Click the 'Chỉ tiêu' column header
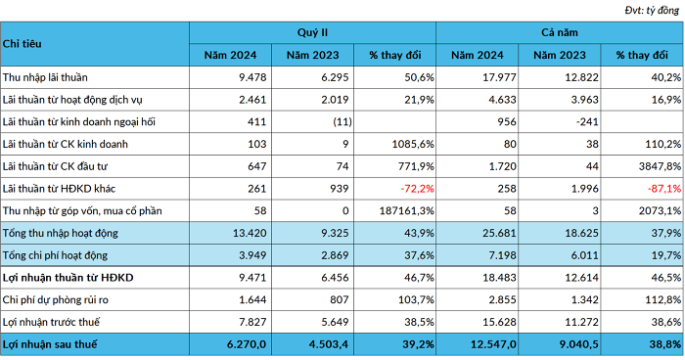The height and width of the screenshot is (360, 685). click(22, 44)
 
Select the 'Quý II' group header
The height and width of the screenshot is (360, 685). click(312, 32)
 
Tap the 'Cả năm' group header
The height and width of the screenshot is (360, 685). click(560, 32)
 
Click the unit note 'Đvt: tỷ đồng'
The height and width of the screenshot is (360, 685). click(652, 10)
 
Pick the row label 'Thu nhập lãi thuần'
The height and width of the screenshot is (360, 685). click(45, 77)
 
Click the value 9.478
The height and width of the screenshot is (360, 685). click(252, 77)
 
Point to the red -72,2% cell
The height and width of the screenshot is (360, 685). click(417, 189)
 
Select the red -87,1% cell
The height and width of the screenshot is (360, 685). click(664, 189)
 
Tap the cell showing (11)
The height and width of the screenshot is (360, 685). click(342, 122)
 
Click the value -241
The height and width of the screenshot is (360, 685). click(587, 122)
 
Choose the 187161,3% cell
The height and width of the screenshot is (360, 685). click(406, 211)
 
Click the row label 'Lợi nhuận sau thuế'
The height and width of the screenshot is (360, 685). click(50, 344)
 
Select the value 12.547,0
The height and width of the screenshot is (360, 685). click(493, 344)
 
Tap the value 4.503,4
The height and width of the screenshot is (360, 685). click(329, 344)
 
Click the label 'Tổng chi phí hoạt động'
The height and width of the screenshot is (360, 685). click(55, 255)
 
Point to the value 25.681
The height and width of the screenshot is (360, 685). click(499, 233)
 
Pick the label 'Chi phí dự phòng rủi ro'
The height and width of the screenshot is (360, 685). click(56, 300)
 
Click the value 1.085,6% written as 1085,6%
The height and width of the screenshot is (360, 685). click(413, 144)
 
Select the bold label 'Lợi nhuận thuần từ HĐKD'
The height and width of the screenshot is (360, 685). click(68, 278)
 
